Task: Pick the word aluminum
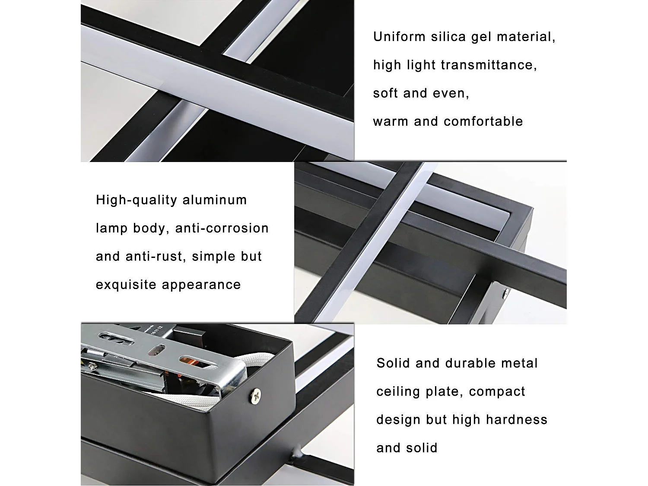[215, 200]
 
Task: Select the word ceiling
[392, 391]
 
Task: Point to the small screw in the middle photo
[505, 293]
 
